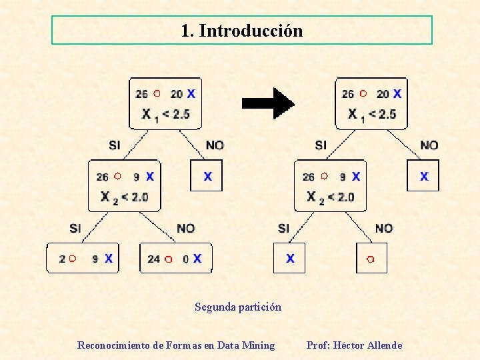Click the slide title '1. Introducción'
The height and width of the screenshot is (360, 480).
coord(241,31)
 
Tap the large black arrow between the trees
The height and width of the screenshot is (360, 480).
coord(267,103)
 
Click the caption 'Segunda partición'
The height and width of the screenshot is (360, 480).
coord(238,307)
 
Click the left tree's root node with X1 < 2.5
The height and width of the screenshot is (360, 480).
coord(165,103)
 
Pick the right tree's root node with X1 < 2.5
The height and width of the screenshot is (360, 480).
coord(371,103)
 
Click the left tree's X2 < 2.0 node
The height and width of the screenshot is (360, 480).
coord(125,186)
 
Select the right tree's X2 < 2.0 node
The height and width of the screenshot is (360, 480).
coord(331,186)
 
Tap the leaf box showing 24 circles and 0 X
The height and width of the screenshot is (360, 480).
coord(175,258)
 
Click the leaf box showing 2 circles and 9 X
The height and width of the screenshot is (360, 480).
coord(82,258)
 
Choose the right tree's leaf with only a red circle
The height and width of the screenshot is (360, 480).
coord(371,258)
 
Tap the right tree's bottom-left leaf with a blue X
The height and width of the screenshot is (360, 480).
coord(289,258)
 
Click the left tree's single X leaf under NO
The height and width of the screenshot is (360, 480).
coord(207,176)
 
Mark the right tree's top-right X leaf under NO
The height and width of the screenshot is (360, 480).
coord(423,176)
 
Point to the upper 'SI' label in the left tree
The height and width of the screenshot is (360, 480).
coord(115,145)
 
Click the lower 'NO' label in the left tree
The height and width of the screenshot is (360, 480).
coord(186,228)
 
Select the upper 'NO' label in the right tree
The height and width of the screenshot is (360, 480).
coord(429,145)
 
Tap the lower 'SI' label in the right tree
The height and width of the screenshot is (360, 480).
coord(284,228)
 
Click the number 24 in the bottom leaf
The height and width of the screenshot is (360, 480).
coord(153,259)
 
